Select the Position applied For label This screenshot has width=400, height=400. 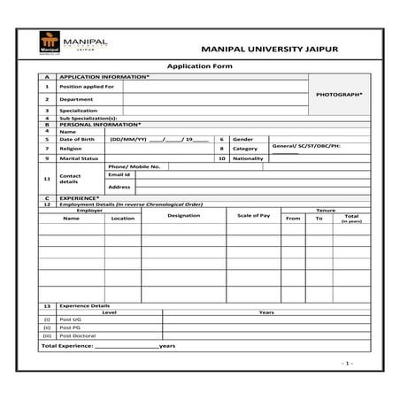pyautogui.click(x=87, y=87)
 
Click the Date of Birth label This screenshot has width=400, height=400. pyautogui.click(x=76, y=140)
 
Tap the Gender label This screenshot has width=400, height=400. pyautogui.click(x=242, y=140)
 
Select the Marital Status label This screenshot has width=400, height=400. pyautogui.click(x=78, y=158)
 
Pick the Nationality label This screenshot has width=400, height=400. pyautogui.click(x=250, y=158)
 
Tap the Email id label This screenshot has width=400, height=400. pyautogui.click(x=119, y=175)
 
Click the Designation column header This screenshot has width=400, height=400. pyautogui.click(x=183, y=216)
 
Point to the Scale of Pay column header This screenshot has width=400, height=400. pyautogui.click(x=253, y=216)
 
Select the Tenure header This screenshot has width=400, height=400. pyautogui.click(x=325, y=210)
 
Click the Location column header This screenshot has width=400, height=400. pyautogui.click(x=123, y=219)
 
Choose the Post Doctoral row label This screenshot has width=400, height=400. pyautogui.click(x=77, y=335)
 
